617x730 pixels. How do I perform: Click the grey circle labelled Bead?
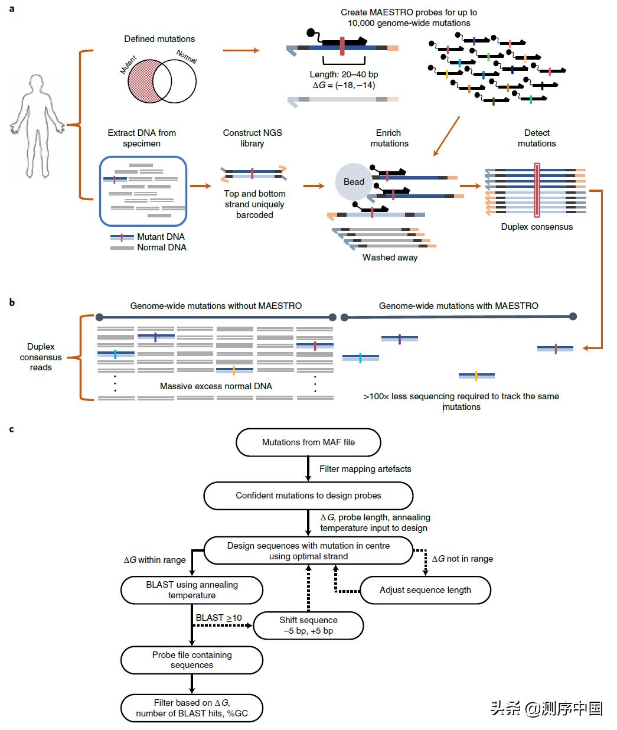(354, 181)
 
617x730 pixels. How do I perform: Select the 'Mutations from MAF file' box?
(308, 442)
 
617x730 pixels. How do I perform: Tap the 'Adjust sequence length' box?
(425, 590)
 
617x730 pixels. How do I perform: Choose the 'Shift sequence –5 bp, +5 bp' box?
(308, 625)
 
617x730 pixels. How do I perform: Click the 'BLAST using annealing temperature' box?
(192, 589)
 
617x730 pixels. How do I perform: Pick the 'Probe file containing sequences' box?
(192, 660)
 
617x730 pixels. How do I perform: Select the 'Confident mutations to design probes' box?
(308, 496)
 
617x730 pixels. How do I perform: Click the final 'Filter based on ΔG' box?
(192, 708)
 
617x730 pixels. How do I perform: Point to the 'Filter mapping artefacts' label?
(365, 469)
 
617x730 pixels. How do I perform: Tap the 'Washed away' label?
(390, 258)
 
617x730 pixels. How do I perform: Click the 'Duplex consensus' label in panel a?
(537, 227)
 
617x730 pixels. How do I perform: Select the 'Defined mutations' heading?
(159, 39)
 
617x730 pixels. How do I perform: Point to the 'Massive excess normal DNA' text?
(216, 386)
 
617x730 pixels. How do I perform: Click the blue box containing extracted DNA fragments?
(143, 190)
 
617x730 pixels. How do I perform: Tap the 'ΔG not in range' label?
(462, 559)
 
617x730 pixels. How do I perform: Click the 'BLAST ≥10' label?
(218, 618)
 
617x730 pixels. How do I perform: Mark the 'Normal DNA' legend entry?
(161, 247)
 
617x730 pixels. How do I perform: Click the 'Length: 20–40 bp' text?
(344, 74)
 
